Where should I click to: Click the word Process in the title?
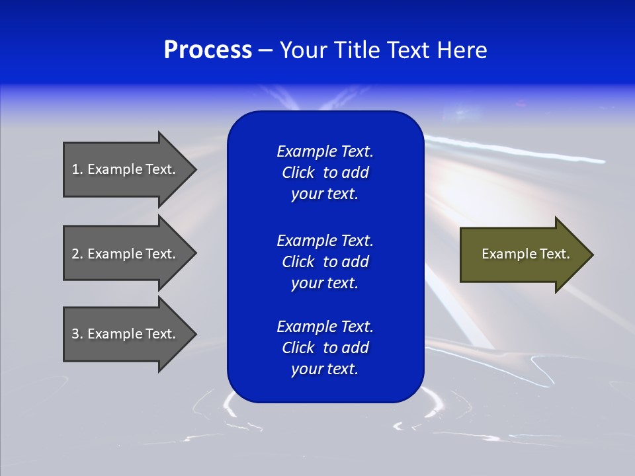(208, 50)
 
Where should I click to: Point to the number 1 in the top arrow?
(75, 169)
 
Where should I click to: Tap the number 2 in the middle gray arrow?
(75, 254)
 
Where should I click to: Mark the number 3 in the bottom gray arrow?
(75, 334)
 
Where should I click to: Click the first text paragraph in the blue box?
(325, 173)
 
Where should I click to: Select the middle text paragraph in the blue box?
(325, 262)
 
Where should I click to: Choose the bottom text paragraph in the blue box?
(325, 348)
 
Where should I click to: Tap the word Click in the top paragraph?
(298, 173)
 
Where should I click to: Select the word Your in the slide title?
(301, 50)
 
